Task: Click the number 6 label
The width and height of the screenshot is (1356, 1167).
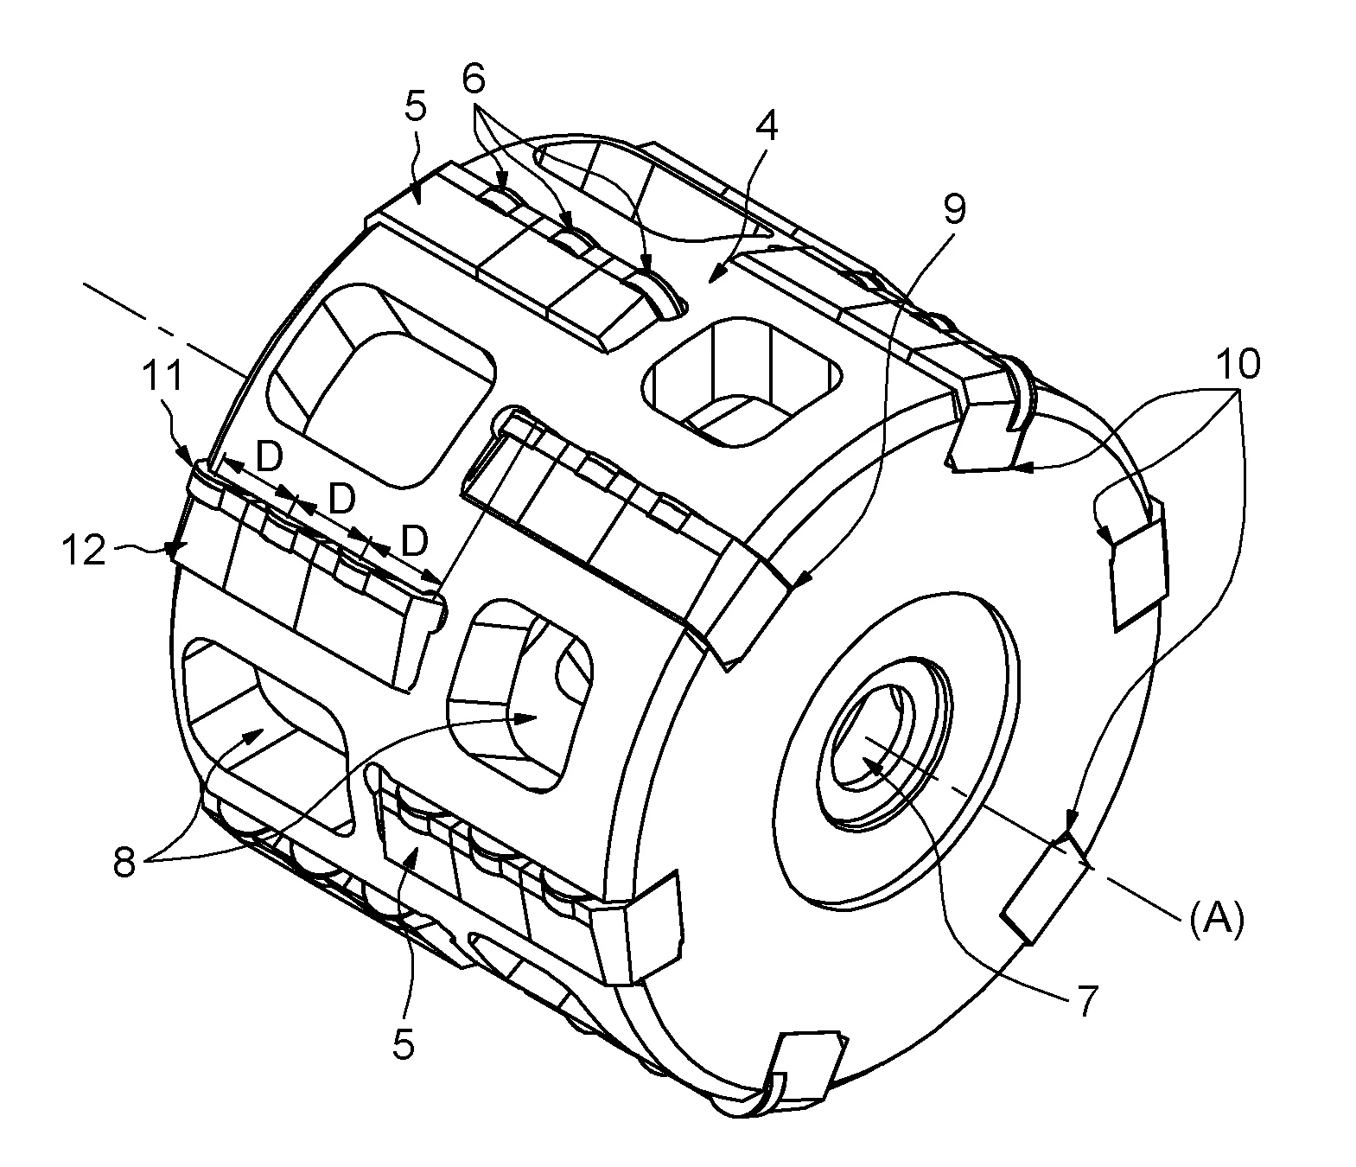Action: coord(474,80)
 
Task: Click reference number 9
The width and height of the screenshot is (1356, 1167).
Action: coord(954,210)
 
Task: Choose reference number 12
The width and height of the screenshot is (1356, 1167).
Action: coord(84,550)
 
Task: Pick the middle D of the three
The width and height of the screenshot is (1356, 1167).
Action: coord(341,500)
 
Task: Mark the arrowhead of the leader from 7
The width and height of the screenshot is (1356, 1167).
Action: coord(869,762)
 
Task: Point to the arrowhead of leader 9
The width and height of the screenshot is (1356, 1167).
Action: coord(804,579)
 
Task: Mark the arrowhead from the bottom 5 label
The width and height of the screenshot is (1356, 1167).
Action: coord(415,855)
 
